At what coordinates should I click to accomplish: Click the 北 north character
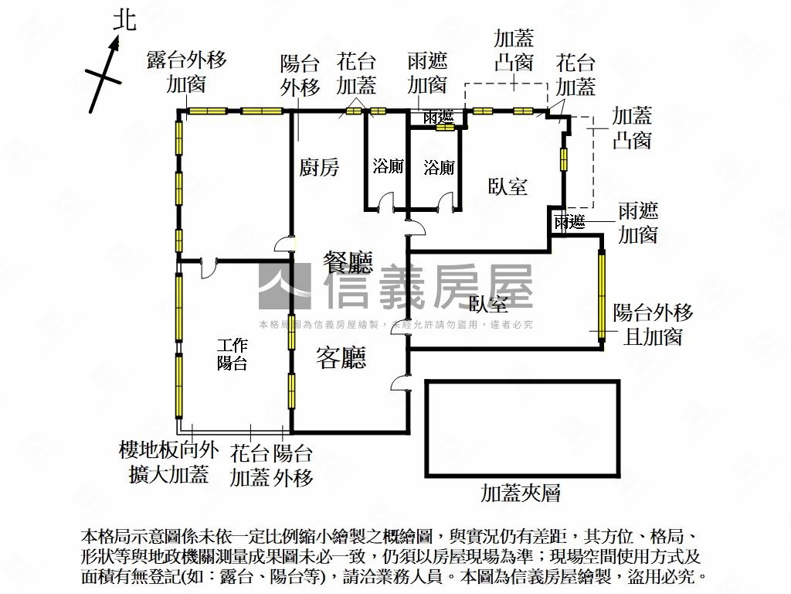(x=124, y=19)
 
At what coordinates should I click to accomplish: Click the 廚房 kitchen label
(x=319, y=167)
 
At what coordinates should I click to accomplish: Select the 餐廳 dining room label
(x=348, y=264)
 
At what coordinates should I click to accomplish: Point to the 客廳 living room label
(x=341, y=357)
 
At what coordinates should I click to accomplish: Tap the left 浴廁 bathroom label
(x=388, y=166)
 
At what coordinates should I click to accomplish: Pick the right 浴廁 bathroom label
(x=439, y=166)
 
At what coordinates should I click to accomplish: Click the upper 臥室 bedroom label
(x=508, y=186)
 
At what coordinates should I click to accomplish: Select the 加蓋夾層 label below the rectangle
(x=520, y=493)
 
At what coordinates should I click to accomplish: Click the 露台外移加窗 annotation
(x=186, y=72)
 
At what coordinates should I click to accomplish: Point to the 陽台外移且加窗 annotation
(x=653, y=324)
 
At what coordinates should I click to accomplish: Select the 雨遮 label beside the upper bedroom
(x=569, y=223)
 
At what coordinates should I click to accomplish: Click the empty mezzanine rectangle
(x=522, y=428)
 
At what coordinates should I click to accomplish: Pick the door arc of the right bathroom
(x=443, y=204)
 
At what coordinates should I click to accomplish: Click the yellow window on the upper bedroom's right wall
(x=564, y=159)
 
